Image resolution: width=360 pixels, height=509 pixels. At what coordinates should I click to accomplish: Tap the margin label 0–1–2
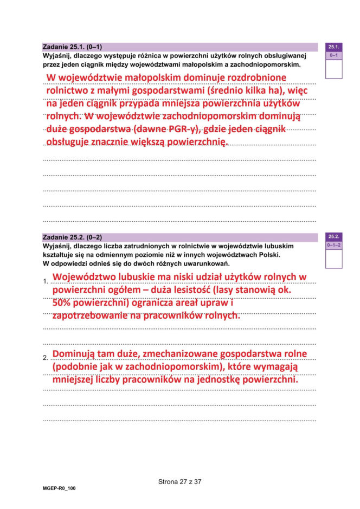tap(333, 245)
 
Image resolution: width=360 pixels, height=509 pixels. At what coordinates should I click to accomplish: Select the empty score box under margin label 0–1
tap(333, 69)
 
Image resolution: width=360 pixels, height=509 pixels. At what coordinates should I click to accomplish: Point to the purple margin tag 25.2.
tap(333, 237)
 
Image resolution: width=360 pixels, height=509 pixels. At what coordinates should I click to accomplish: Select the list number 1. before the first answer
tap(46, 281)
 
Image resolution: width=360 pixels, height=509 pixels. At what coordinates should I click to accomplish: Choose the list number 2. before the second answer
tap(46, 358)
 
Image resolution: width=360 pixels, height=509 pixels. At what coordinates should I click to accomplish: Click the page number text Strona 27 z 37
tap(179, 481)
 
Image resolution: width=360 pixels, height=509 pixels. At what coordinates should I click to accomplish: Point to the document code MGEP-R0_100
tap(59, 488)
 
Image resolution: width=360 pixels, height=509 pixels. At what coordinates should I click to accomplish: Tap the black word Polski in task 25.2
tap(277, 255)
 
